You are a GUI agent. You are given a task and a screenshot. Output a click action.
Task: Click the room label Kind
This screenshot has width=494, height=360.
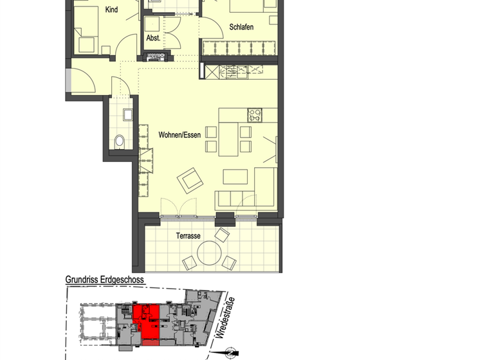click(x=111, y=10)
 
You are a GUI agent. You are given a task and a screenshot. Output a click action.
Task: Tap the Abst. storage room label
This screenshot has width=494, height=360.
click(x=152, y=37)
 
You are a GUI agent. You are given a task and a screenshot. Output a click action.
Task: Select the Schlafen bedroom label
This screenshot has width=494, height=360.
click(x=241, y=27)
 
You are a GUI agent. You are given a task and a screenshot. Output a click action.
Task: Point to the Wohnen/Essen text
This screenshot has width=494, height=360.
click(x=179, y=135)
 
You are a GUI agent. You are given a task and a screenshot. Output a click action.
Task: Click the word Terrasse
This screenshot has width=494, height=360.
click(x=188, y=236)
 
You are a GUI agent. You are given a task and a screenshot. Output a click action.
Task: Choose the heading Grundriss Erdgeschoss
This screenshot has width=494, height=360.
click(x=105, y=280)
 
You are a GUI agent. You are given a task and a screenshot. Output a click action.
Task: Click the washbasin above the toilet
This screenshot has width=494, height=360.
click(x=127, y=116)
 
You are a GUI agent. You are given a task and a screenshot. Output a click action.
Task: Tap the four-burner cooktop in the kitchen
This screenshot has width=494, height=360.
click(x=255, y=116)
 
